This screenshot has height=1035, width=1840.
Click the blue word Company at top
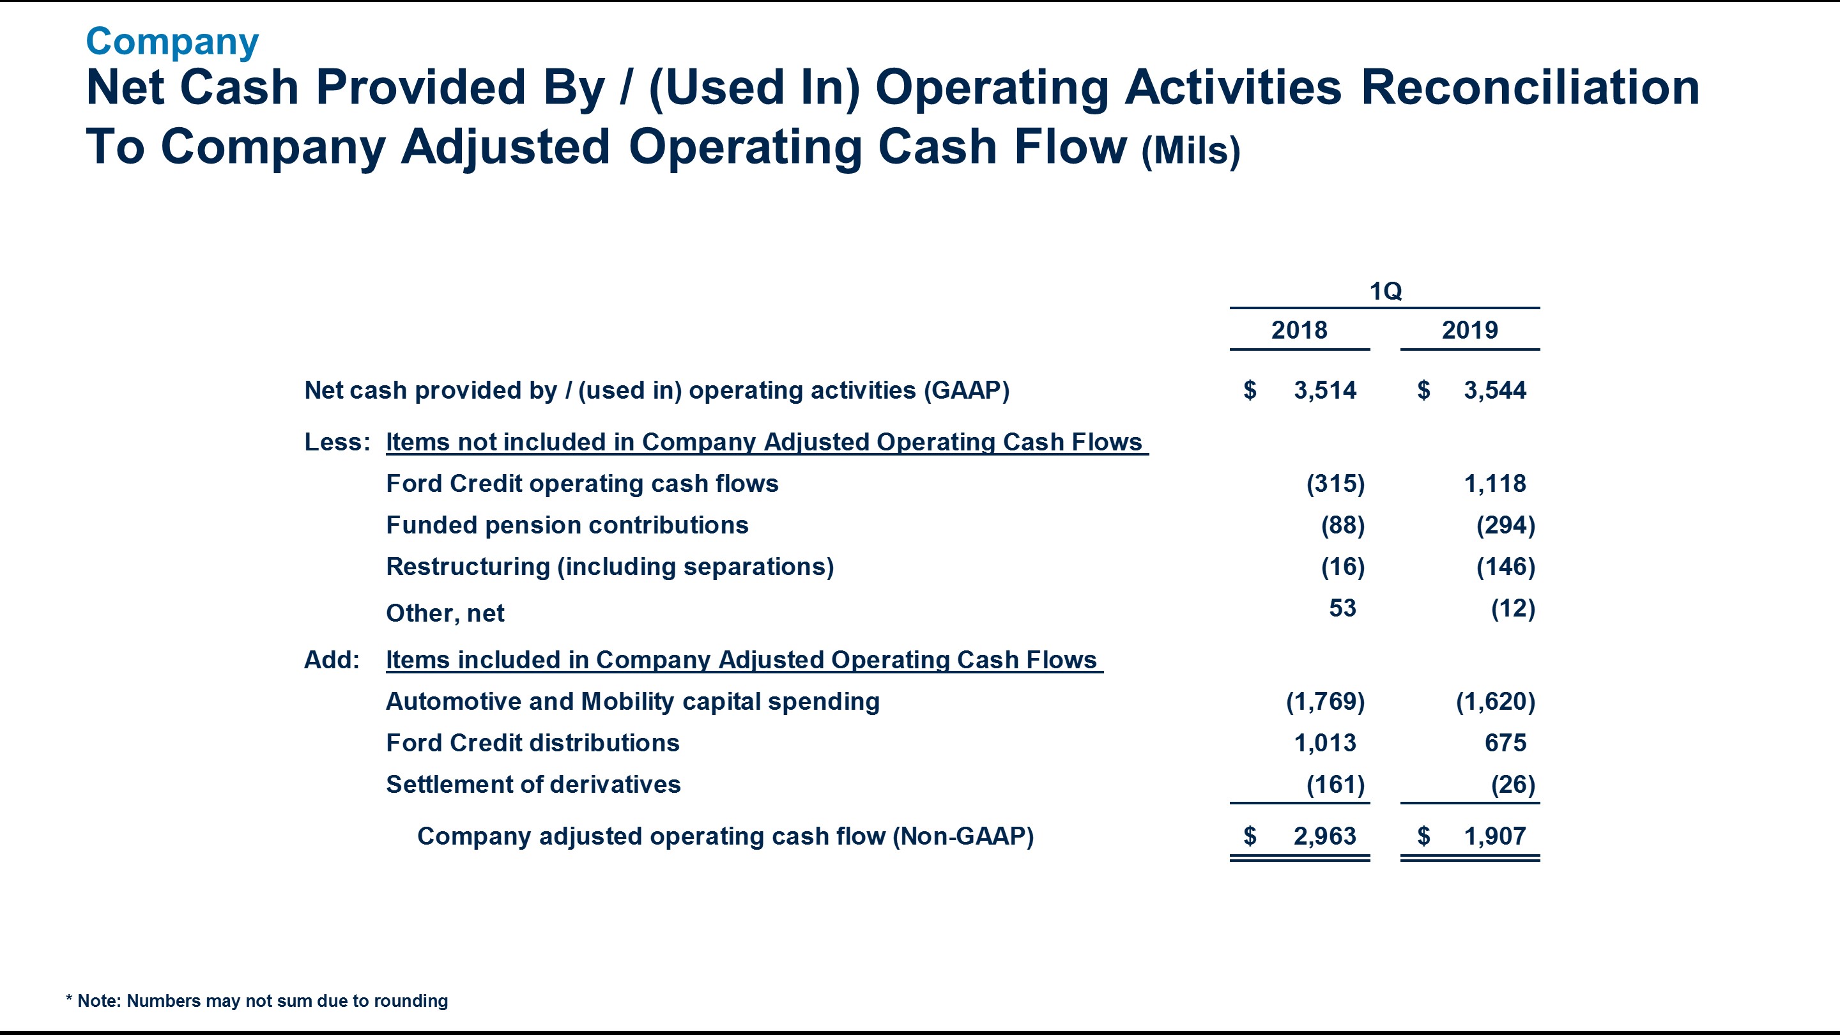(172, 42)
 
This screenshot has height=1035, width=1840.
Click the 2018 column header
(1299, 330)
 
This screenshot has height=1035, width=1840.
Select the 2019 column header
(1469, 330)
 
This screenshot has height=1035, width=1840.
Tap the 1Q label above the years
(1385, 291)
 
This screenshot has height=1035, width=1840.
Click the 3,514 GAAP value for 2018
(1324, 390)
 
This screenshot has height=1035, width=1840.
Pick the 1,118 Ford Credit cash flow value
(1494, 484)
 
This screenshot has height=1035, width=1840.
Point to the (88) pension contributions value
(1342, 525)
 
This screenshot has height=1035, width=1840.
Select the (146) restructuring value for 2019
(1505, 567)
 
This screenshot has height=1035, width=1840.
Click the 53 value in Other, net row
(1342, 608)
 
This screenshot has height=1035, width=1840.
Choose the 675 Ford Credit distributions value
(1505, 743)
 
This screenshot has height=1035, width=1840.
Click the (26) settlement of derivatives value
(1512, 785)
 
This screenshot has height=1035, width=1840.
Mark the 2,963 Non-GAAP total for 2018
(1324, 836)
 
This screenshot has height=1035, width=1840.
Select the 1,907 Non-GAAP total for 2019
(1494, 836)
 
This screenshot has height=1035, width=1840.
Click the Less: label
(337, 442)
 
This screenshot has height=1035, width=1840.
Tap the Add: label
(332, 660)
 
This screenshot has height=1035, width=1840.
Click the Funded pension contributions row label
(567, 525)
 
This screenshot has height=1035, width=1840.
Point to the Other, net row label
(445, 613)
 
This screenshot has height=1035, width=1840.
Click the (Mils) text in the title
(1190, 151)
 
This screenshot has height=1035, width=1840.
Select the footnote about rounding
(257, 1000)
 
